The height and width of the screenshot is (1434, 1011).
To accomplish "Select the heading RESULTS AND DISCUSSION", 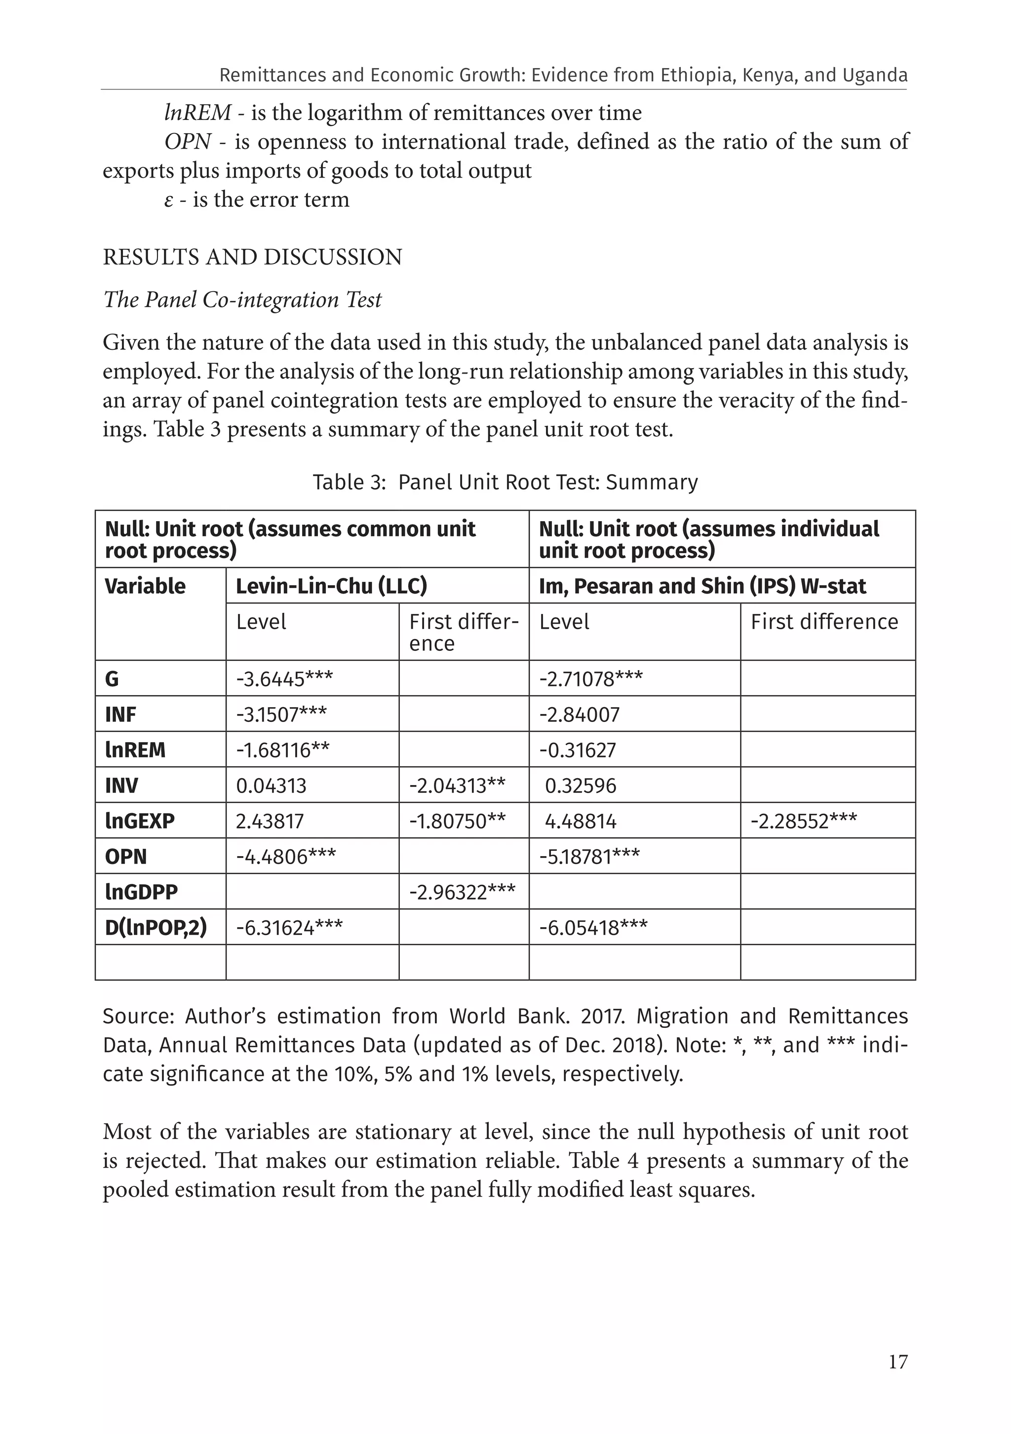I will tap(252, 257).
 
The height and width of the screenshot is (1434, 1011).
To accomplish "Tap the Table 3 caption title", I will tap(505, 482).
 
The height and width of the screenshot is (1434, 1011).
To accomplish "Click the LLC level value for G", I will tap(284, 679).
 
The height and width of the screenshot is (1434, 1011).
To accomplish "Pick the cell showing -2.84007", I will tap(579, 715).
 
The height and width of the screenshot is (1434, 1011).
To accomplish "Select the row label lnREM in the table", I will tap(135, 750).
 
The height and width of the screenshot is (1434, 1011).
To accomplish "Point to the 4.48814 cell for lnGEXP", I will tap(581, 821).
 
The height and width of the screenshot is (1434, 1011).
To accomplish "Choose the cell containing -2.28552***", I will tap(804, 821).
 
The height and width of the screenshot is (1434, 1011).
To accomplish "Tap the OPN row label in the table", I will tap(125, 856).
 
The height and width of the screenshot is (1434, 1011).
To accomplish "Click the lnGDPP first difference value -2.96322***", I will tap(462, 892).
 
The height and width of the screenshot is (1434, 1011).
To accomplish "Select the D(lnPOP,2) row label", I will tap(156, 928).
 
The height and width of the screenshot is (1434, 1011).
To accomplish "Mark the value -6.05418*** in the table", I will tap(593, 928).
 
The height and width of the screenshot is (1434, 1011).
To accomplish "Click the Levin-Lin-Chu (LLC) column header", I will tap(331, 586).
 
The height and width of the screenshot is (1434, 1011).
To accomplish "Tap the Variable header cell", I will tap(145, 586).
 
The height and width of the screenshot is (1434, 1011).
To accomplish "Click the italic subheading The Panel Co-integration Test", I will tap(242, 300).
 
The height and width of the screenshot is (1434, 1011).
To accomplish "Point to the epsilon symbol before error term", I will tap(169, 200).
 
